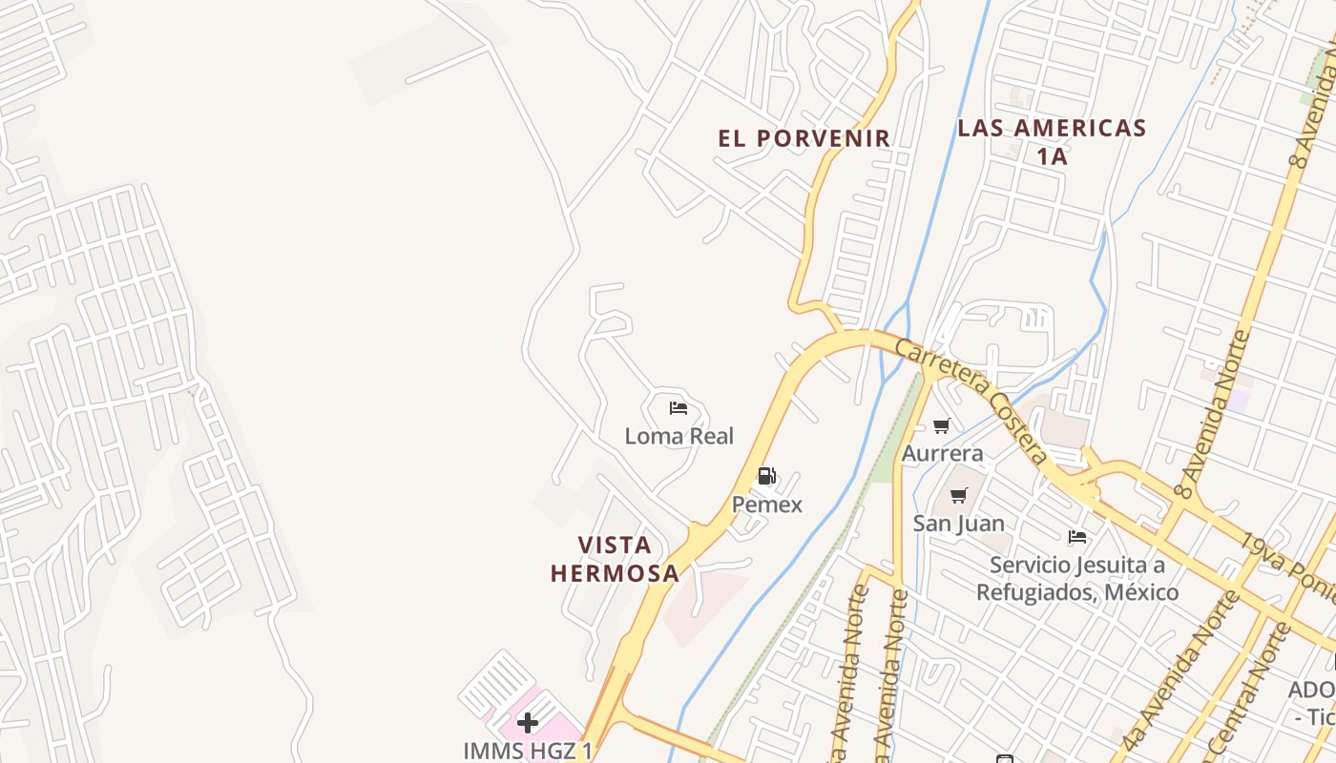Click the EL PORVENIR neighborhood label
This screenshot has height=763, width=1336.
(x=804, y=138)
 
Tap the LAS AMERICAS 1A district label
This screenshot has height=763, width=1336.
(x=1052, y=141)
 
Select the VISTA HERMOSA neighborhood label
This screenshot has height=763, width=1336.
(x=615, y=559)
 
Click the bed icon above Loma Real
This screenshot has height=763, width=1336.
(x=678, y=408)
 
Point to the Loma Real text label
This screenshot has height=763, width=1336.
(x=678, y=436)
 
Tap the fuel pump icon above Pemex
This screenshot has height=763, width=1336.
(x=766, y=476)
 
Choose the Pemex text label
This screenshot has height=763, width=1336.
(x=767, y=505)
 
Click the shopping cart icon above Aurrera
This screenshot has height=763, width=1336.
(x=942, y=425)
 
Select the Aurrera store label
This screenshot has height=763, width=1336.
(x=943, y=452)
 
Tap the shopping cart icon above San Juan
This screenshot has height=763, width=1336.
(x=959, y=495)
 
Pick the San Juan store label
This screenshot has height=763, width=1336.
(x=959, y=523)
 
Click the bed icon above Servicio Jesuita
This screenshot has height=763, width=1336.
(x=1077, y=537)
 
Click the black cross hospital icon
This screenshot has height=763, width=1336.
(x=528, y=722)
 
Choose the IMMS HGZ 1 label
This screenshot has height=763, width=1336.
(x=528, y=751)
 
